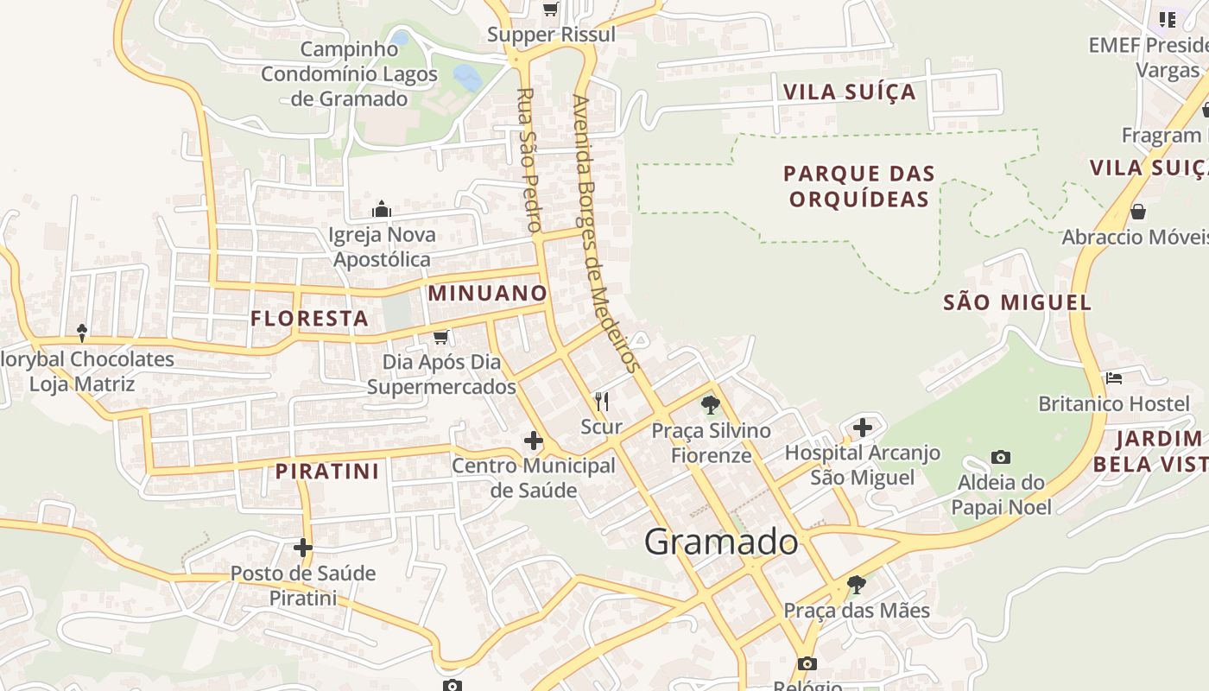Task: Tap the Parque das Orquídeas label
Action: pyautogui.click(x=859, y=187)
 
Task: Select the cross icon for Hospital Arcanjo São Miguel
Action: pyautogui.click(x=862, y=427)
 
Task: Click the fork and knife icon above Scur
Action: pyautogui.click(x=602, y=401)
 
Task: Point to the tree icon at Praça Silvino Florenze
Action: pyautogui.click(x=711, y=404)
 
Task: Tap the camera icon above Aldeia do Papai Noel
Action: pyautogui.click(x=1001, y=457)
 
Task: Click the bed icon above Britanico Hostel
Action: pyautogui.click(x=1114, y=378)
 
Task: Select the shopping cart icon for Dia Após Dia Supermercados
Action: pyautogui.click(x=441, y=337)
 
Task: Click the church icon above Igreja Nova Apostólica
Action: pyautogui.click(x=382, y=209)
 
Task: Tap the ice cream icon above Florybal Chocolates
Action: pyautogui.click(x=82, y=333)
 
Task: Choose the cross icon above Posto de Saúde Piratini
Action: pyautogui.click(x=302, y=548)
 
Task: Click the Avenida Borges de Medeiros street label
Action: pyautogui.click(x=609, y=233)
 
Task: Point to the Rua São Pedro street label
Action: pyautogui.click(x=529, y=160)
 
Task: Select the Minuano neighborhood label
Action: pyautogui.click(x=488, y=293)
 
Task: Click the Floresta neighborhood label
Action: pyautogui.click(x=309, y=319)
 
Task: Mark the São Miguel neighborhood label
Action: pyautogui.click(x=1017, y=302)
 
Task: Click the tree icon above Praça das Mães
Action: pyautogui.click(x=856, y=585)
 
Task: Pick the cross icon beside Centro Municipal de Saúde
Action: pyautogui.click(x=534, y=441)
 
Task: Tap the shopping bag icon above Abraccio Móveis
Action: pyautogui.click(x=1138, y=212)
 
